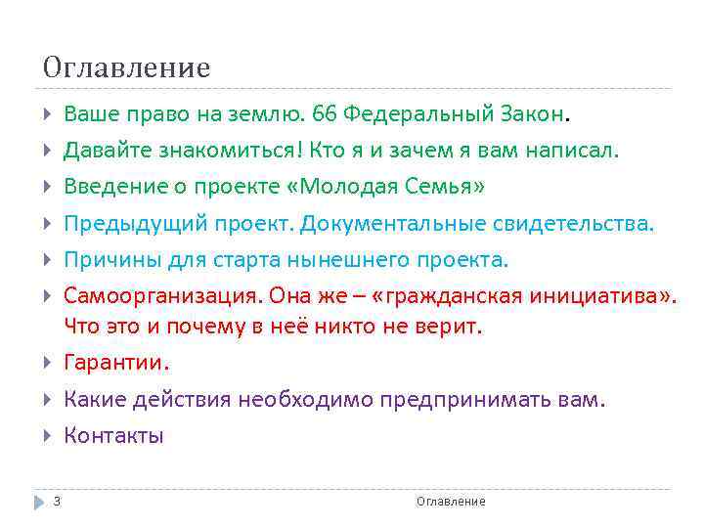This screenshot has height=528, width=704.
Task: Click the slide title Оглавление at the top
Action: pyautogui.click(x=126, y=67)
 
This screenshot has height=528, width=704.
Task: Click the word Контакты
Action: pyautogui.click(x=113, y=436)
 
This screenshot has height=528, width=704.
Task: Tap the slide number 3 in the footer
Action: pyautogui.click(x=57, y=502)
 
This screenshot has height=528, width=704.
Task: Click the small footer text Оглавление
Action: pyautogui.click(x=450, y=502)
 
